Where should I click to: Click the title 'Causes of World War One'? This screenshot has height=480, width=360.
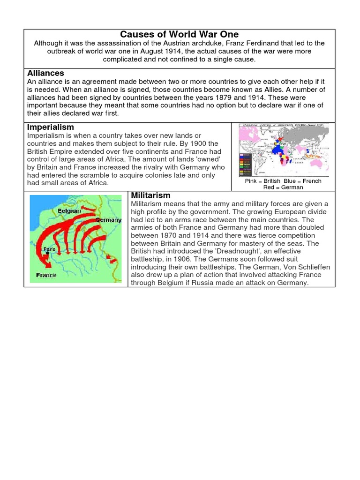pos(180,34)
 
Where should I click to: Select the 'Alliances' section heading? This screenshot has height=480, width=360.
pos(45,73)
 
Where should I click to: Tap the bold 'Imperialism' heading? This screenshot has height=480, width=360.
pos(51,127)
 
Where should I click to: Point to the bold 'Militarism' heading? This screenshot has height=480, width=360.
pos(150,195)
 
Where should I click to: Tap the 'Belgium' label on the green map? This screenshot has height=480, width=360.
pos(69,211)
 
